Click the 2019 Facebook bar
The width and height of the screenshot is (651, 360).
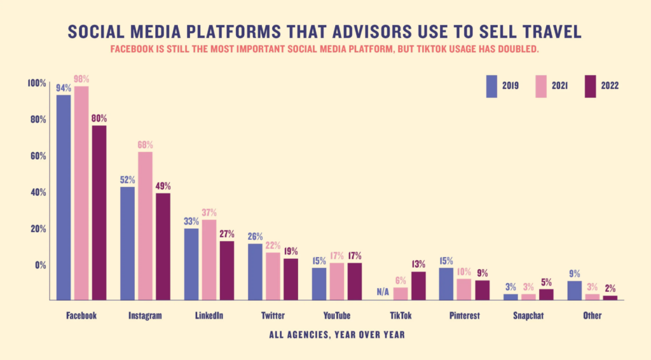point(64,197)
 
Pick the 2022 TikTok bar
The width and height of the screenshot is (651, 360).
point(418,286)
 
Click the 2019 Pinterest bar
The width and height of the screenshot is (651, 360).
point(446,284)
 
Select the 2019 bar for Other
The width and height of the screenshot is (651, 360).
point(574,290)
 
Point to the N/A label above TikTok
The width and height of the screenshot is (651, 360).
point(382,292)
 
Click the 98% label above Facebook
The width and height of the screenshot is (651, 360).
point(81,79)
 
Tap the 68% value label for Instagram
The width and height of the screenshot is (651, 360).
point(146,145)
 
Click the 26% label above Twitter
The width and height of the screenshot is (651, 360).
point(255,237)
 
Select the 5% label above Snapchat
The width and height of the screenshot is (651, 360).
point(546,282)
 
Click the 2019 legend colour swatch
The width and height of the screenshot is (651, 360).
point(491,86)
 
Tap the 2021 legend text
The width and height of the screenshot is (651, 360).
point(559,87)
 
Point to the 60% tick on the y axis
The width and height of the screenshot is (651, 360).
point(37,156)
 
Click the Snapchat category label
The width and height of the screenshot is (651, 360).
point(529,315)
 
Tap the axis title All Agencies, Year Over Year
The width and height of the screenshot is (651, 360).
point(336,334)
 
